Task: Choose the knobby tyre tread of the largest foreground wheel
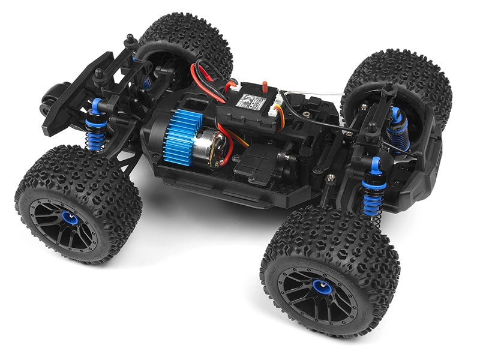pyautogui.click(x=330, y=240)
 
